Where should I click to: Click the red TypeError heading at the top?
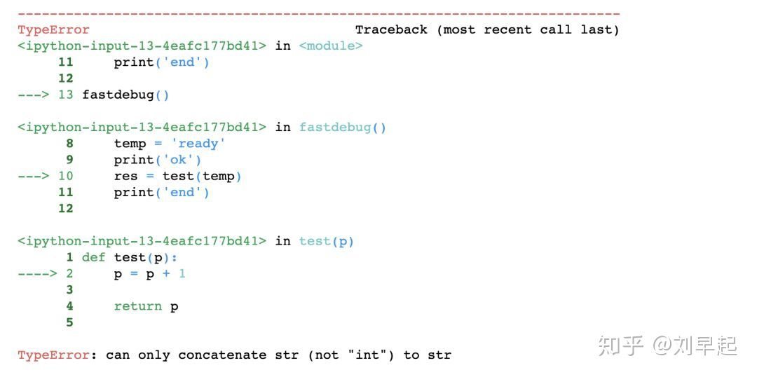(53, 30)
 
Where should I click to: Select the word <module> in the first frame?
(331, 46)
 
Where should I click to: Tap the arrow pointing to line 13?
(33, 95)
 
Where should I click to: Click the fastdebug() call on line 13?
(125, 95)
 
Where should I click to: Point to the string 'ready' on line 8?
(198, 144)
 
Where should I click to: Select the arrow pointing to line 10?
(33, 176)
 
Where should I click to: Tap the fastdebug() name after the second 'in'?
(343, 128)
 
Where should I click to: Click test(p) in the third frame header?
(327, 241)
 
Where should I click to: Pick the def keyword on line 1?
(93, 257)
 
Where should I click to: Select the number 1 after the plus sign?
(182, 273)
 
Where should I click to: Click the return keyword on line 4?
(138, 306)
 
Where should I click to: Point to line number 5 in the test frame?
(69, 322)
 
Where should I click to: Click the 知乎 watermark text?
(620, 345)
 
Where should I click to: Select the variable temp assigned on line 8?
(130, 144)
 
